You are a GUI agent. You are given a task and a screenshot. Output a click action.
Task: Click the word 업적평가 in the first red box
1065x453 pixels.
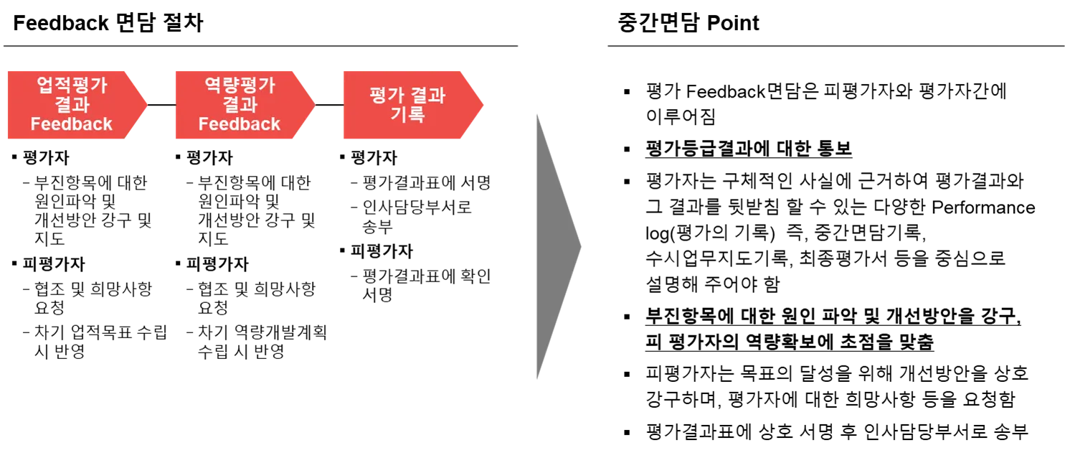(71, 86)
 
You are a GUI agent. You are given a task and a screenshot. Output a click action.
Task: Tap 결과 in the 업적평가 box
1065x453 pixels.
(71, 105)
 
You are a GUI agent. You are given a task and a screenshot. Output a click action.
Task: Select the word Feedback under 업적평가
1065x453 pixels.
(71, 124)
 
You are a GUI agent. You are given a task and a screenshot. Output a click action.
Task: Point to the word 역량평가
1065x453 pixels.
(239, 86)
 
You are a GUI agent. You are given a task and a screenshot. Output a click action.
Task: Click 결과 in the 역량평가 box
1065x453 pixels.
(239, 105)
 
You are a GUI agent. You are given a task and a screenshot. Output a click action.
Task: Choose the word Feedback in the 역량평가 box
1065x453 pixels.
(239, 124)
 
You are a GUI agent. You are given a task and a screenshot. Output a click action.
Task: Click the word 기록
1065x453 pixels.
(407, 114)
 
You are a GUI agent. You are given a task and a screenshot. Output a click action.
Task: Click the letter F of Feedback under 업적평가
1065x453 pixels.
(36, 124)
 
